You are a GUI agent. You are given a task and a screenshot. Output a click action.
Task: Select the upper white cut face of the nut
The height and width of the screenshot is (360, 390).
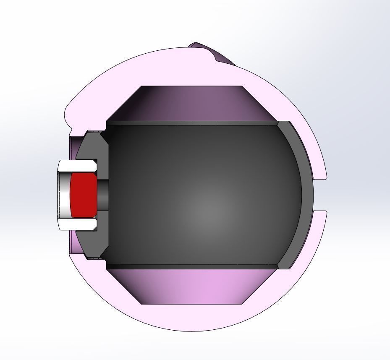coord(78,165)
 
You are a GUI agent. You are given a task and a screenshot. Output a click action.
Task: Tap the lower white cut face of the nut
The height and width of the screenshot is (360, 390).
coord(78,224)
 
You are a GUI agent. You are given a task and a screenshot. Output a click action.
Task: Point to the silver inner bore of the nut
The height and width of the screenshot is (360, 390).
coord(64,195)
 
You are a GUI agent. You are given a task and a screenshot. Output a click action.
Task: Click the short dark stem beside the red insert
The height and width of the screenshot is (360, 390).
coord(103,195)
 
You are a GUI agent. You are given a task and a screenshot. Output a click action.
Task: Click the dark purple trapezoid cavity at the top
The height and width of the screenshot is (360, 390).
coord(191,103)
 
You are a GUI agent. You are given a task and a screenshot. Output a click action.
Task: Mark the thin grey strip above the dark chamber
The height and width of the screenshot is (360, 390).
coord(191,123)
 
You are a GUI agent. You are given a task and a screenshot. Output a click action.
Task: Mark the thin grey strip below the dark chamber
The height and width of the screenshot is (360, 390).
coord(191,266)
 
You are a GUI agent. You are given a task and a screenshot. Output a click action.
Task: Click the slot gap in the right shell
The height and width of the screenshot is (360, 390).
coord(321,195)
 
